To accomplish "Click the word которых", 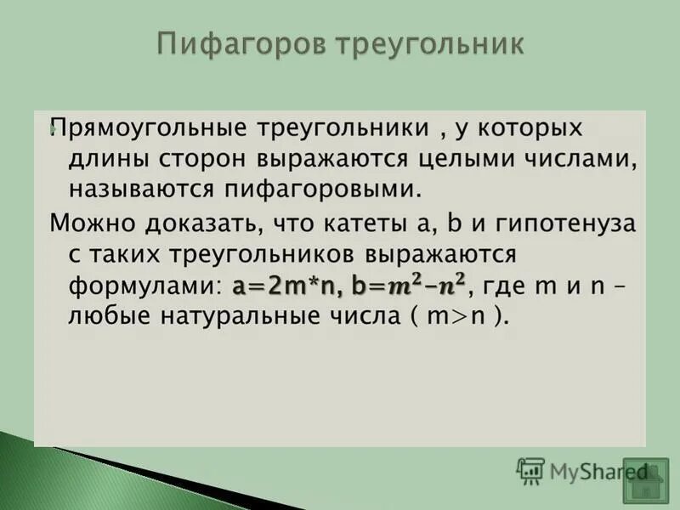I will tap(530, 128).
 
